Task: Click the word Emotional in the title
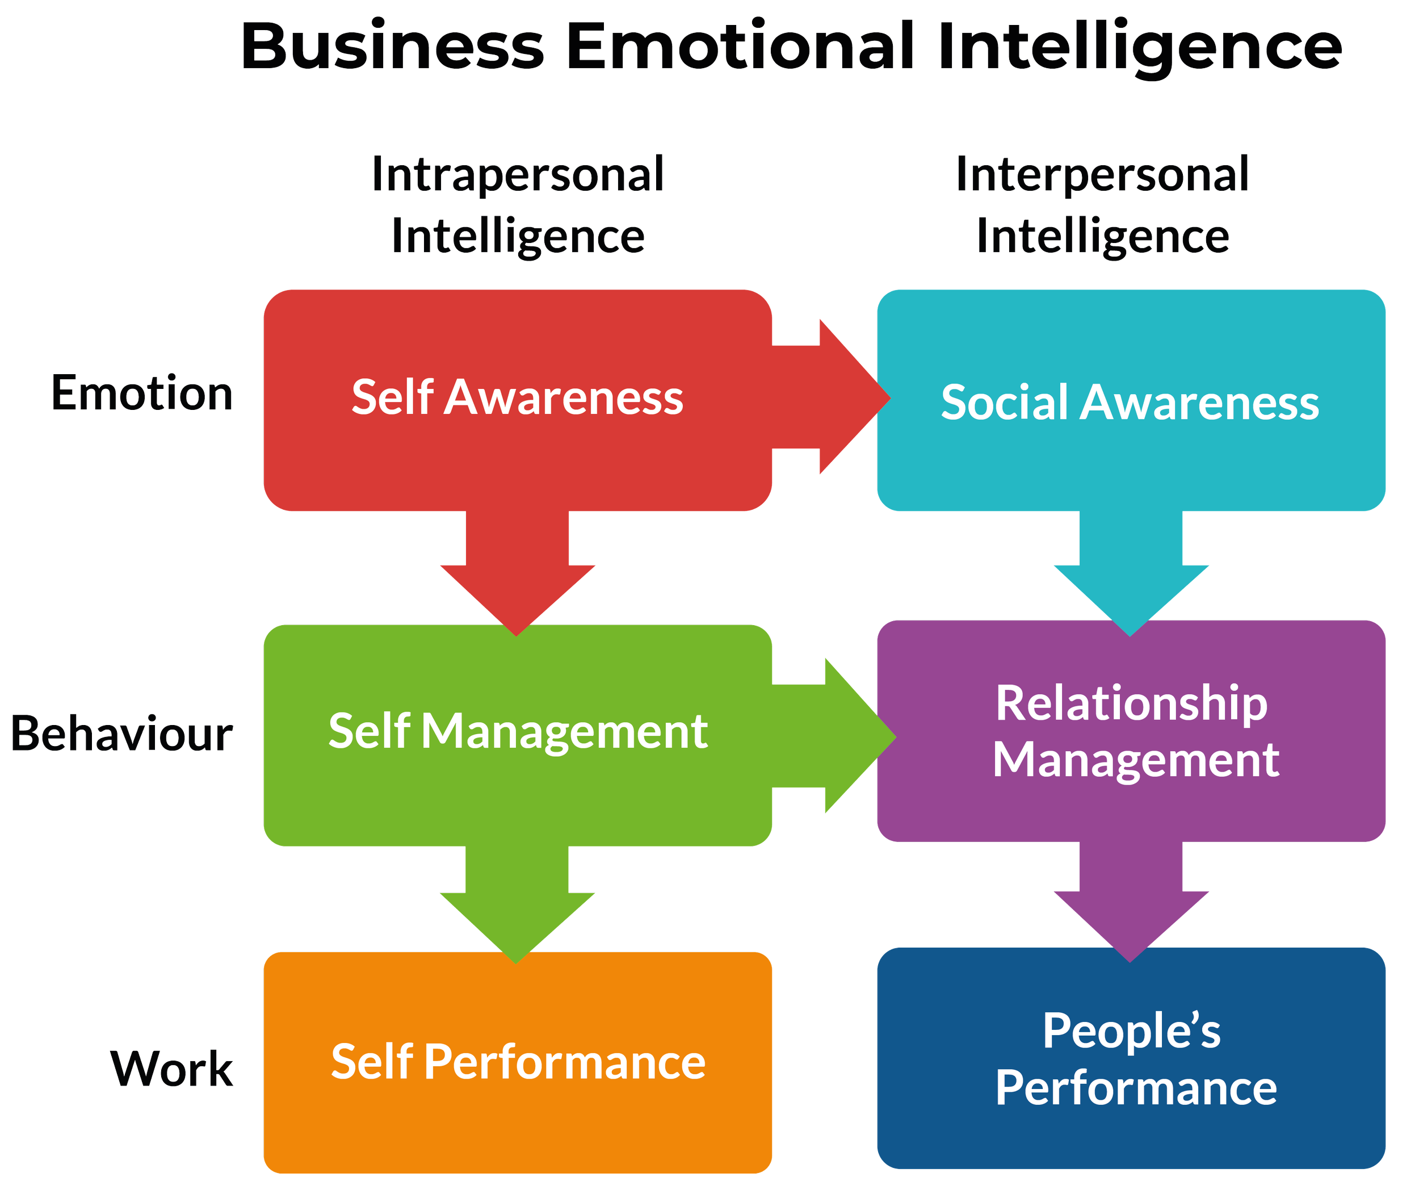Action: (741, 45)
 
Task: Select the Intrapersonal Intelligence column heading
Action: (518, 204)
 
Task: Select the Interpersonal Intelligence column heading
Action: (1102, 204)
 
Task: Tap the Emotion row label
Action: (142, 393)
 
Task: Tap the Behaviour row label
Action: (122, 734)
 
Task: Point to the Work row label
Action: (172, 1070)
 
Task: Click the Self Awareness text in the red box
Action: (518, 397)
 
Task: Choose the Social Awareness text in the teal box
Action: (1130, 403)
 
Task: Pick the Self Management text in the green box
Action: (518, 732)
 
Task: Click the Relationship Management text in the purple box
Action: (1135, 732)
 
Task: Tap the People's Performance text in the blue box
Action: (1135, 1059)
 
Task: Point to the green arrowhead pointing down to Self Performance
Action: (517, 928)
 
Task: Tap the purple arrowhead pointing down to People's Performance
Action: (1131, 927)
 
